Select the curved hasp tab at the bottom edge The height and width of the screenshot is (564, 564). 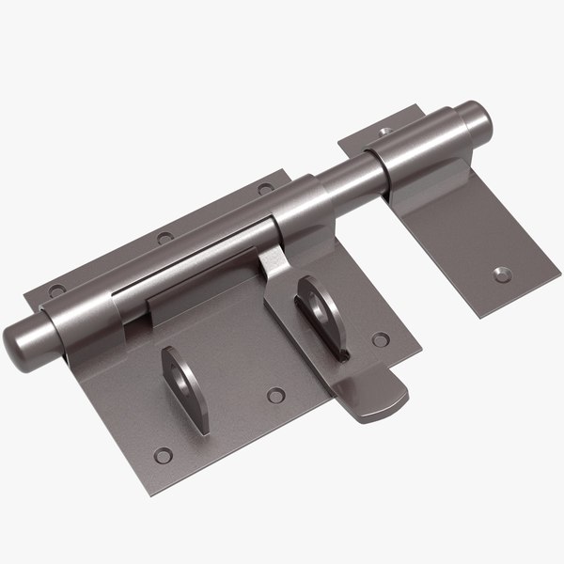376,399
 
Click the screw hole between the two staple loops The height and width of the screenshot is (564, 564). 275,395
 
